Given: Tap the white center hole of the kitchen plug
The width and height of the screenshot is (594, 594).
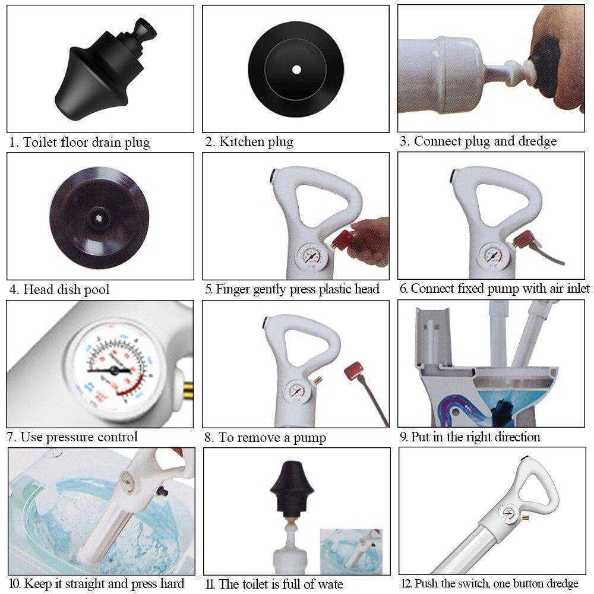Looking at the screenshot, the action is [296, 69].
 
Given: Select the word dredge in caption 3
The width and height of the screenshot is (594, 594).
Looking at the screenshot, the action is [537, 141].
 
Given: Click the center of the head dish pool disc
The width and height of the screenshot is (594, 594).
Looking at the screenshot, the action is [99, 217].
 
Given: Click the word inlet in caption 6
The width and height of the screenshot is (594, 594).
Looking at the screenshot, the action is [578, 289].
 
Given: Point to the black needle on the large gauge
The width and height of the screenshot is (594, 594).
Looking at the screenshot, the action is [110, 369].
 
